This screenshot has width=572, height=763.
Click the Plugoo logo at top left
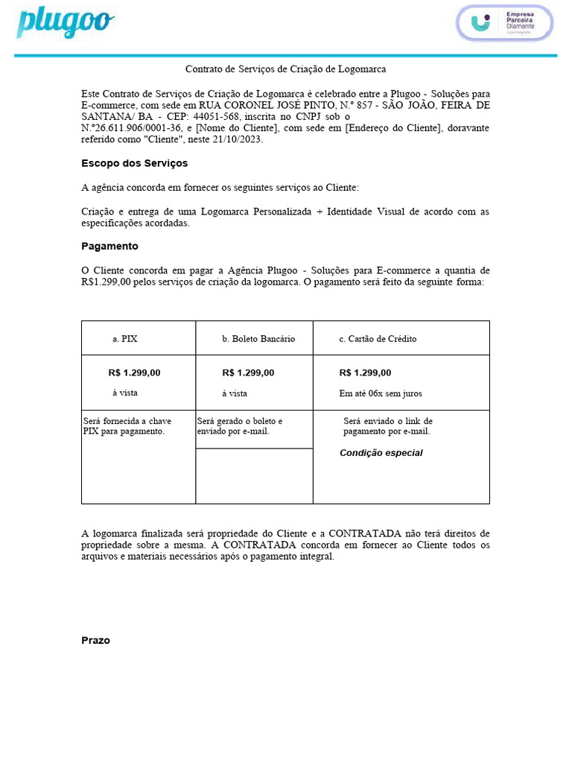click(66, 22)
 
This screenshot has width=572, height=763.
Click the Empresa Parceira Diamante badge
click(505, 22)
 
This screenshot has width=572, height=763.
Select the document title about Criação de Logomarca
click(285, 69)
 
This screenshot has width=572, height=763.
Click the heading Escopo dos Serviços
click(134, 163)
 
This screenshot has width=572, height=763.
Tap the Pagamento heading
click(109, 246)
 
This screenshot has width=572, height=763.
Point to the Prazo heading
click(95, 640)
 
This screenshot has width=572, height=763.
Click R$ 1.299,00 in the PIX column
click(134, 373)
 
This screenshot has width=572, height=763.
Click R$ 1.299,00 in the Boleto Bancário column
click(248, 373)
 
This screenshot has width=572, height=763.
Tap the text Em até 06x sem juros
click(381, 393)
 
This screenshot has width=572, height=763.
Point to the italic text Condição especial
click(381, 453)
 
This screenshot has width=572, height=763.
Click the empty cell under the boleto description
click(254, 475)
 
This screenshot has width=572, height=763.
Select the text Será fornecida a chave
click(127, 421)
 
